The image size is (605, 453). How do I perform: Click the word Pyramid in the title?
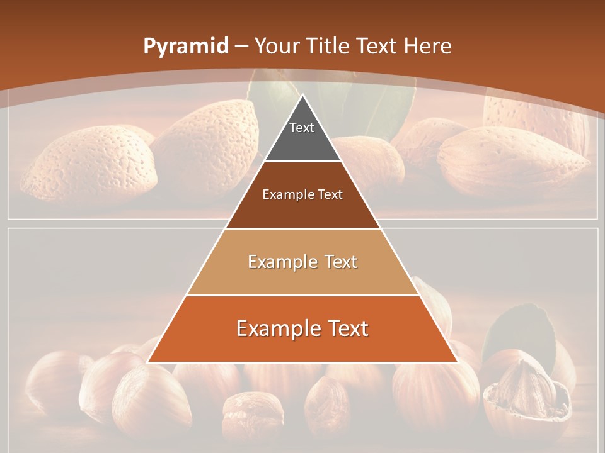pos(186,46)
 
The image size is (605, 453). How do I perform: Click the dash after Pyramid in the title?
pos(242,47)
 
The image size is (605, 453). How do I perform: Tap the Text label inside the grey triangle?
pos(302,128)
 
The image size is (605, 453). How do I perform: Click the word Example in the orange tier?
pos(275,328)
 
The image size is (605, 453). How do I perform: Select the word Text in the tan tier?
pos(337,262)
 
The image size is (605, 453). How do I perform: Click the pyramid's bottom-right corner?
pos(457,362)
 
